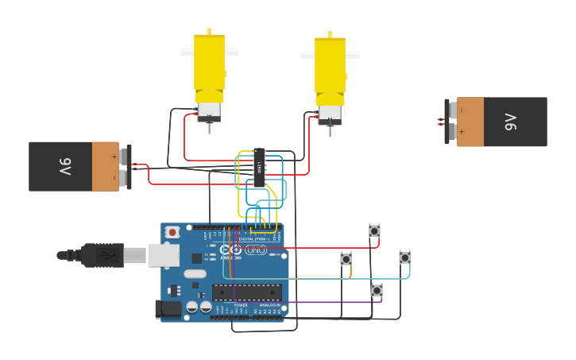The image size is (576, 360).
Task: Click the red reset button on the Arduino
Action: (172, 232)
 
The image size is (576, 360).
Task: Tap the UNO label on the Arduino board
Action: (256, 250)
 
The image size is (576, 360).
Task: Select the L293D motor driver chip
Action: (259, 168)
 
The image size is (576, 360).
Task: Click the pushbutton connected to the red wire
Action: (374, 230)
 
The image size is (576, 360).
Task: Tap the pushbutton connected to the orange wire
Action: (346, 259)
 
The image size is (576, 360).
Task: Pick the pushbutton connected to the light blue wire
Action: (405, 257)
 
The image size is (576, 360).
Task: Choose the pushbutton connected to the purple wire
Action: (377, 290)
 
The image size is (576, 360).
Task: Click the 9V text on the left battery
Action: (65, 167)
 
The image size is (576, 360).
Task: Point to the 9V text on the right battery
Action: (510, 122)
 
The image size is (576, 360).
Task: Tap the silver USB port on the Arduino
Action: (164, 255)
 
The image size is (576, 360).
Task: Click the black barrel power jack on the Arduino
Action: (168, 308)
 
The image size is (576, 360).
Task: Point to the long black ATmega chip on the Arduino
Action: (247, 292)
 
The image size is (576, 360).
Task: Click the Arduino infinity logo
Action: (230, 250)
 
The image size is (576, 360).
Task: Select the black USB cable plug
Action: (102, 255)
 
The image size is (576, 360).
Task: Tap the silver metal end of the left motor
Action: (209, 110)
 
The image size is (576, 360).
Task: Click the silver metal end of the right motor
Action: (330, 114)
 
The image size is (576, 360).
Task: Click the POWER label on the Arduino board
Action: (240, 305)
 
